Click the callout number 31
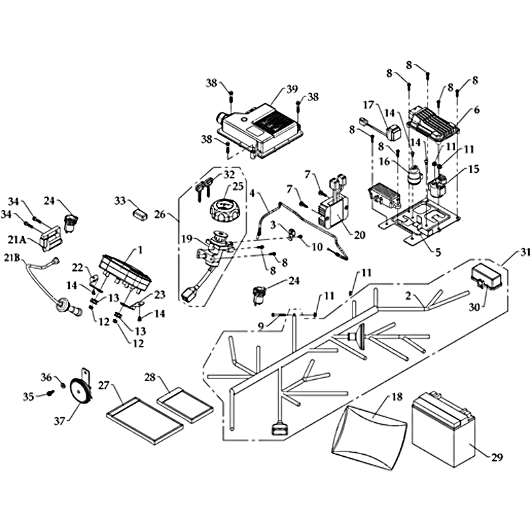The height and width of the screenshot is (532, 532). [x=527, y=253]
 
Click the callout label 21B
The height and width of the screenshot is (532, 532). [x=13, y=258]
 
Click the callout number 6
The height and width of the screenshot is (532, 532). [x=476, y=110]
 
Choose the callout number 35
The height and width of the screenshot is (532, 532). [x=28, y=398]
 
